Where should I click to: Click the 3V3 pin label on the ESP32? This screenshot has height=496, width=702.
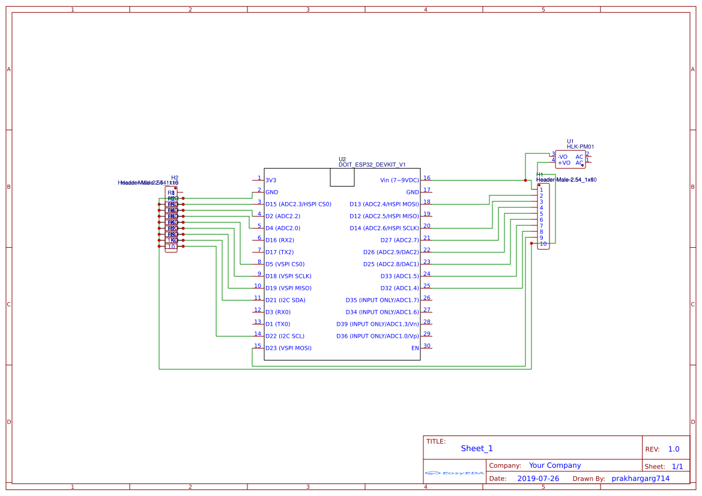[x=271, y=181]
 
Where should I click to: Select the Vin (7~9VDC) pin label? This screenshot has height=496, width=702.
[x=399, y=181]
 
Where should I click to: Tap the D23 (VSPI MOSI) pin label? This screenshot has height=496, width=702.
[x=288, y=348]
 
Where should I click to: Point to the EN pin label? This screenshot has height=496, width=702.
[x=415, y=348]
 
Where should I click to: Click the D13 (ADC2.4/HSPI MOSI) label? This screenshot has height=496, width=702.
[x=384, y=205]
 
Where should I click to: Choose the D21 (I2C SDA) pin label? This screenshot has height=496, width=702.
[x=285, y=300]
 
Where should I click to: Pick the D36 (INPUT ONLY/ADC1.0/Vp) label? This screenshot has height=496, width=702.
[x=378, y=336]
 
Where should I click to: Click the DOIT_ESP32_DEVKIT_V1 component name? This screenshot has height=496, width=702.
[x=372, y=164]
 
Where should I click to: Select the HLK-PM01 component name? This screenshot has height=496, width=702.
[x=580, y=147]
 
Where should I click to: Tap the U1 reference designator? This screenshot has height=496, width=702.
[x=570, y=142]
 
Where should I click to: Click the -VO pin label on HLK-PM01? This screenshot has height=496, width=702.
[x=563, y=157]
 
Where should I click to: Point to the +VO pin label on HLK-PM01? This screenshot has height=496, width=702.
[x=563, y=163]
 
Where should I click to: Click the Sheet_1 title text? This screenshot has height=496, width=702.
[x=477, y=449]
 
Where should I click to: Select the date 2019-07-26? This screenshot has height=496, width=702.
[x=538, y=479]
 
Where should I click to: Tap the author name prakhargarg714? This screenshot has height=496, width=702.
[x=640, y=479]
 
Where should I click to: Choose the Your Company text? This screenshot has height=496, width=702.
[x=555, y=465]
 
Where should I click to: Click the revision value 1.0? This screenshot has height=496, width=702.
[x=674, y=449]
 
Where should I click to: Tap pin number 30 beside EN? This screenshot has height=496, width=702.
[x=427, y=345]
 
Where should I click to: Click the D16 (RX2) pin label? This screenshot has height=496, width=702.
[x=280, y=241]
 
